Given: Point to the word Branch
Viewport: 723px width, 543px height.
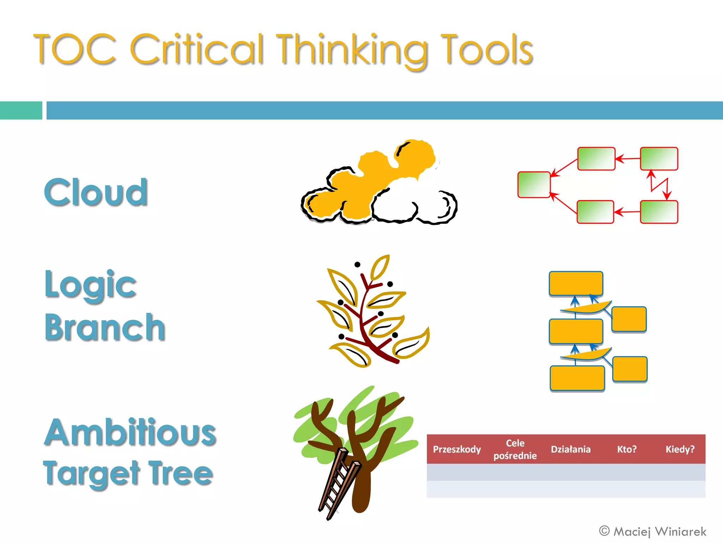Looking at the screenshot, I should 105,328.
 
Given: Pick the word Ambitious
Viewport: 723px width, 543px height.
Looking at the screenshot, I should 130,432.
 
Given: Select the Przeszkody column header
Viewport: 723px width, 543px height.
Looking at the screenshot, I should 457,449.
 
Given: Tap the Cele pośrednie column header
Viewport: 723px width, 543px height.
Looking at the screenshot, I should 515,449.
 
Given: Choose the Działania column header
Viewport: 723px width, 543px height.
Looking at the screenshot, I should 570,449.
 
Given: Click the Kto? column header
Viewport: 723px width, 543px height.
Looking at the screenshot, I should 627,449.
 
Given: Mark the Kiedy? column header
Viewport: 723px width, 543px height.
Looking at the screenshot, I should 680,449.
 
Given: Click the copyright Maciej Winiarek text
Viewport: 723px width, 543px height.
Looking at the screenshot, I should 653,531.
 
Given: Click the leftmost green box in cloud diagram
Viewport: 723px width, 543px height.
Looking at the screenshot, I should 534,185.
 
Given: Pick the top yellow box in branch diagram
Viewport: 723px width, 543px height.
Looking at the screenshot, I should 576,283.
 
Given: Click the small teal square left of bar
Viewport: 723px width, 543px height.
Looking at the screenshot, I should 21,110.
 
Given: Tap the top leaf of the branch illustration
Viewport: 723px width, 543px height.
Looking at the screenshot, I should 380,267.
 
